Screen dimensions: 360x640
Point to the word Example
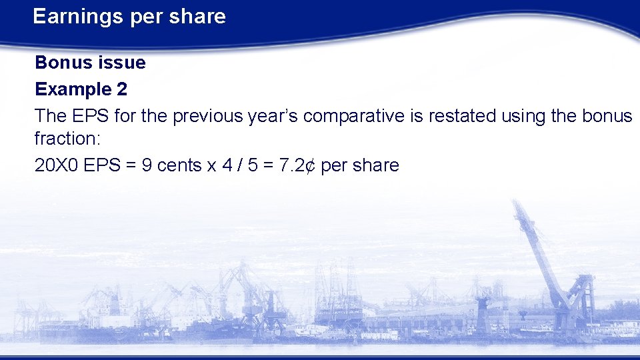point(71,89)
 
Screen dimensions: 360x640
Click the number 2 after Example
point(121,89)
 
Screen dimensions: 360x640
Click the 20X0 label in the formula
point(55,165)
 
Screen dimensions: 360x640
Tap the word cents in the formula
point(180,165)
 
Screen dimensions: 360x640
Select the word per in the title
point(145,17)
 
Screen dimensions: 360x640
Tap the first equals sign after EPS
point(133,165)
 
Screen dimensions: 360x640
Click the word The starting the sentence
point(51,116)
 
